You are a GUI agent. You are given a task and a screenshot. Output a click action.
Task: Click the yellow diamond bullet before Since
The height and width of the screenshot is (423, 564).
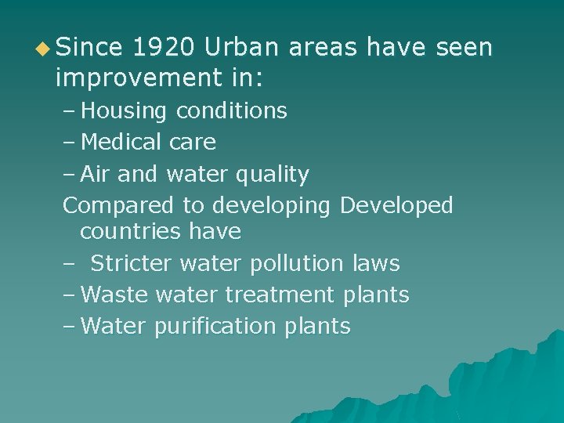click(46, 49)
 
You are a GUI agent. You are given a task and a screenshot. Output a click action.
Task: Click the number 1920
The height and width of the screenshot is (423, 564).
click(163, 49)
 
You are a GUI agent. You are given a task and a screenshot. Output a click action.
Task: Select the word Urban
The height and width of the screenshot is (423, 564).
click(243, 49)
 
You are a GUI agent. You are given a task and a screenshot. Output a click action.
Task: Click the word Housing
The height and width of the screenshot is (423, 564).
click(124, 111)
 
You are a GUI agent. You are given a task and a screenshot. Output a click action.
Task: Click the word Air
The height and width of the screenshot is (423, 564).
click(96, 174)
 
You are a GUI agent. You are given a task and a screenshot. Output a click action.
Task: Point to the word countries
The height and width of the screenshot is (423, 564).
click(132, 232)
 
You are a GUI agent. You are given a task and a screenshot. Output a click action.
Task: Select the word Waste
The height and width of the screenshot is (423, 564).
click(115, 295)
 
